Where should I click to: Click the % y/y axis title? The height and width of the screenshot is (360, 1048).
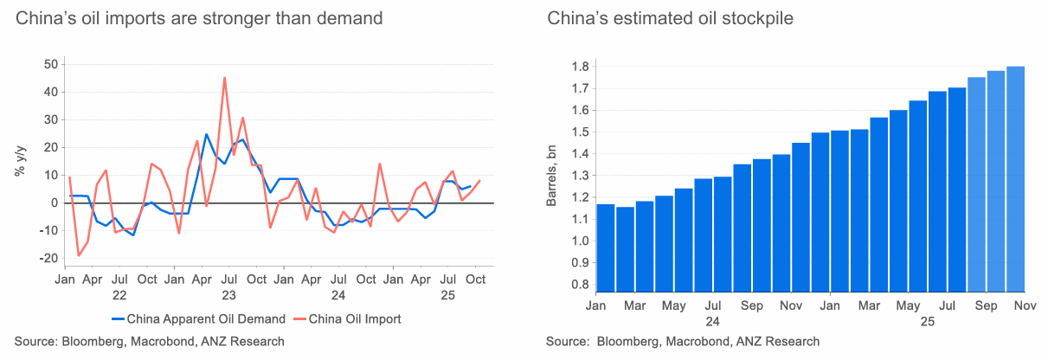coord(19,161)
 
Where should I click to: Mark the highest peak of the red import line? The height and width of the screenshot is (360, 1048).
coord(225,78)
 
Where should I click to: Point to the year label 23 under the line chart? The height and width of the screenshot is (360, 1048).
coord(229,294)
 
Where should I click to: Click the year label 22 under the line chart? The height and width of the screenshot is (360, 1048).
coord(119,294)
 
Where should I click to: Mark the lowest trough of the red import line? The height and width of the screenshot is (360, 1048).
coord(79,255)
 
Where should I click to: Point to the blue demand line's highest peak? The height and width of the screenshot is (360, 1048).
coord(206,134)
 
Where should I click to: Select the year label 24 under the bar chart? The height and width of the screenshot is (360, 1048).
coord(712,320)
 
